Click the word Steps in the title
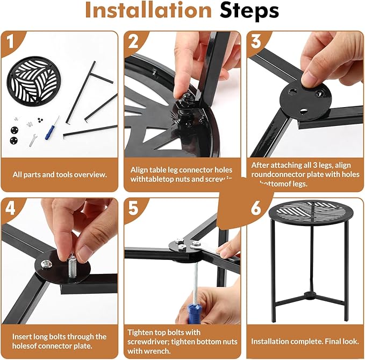pos(246,11)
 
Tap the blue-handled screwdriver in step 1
pos(51,127)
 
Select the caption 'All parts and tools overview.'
pos(60,174)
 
